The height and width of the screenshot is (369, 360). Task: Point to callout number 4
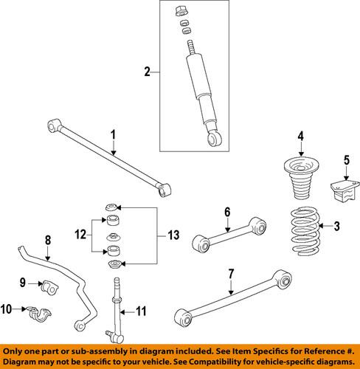300,135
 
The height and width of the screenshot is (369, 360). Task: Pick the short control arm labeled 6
226,232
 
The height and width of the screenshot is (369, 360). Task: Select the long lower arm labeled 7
228,307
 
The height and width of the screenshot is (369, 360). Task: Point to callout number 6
226,212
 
